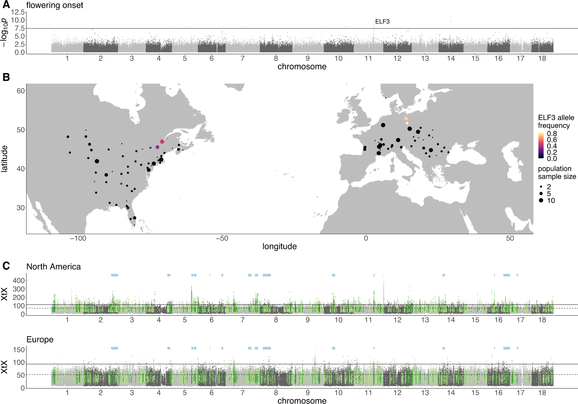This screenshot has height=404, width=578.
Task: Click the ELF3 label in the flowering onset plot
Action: (x=382, y=21)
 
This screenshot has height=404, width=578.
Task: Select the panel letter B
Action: (x=6, y=77)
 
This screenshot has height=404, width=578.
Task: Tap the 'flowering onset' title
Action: (x=55, y=5)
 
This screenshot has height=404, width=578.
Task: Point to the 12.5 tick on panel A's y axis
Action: (x=18, y=12)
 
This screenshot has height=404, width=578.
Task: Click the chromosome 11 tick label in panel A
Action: (x=368, y=59)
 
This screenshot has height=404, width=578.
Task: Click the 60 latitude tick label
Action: (x=21, y=91)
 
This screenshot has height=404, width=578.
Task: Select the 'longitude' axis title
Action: (x=279, y=247)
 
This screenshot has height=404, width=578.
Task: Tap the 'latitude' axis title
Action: (x=4, y=159)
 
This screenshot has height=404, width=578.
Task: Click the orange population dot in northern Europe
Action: (x=406, y=118)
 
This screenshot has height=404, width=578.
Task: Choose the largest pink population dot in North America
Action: (x=162, y=142)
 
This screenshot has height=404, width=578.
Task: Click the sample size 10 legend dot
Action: (x=541, y=200)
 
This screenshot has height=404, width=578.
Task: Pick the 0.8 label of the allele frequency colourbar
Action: (x=552, y=134)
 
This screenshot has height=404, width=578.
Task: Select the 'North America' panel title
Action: (x=54, y=267)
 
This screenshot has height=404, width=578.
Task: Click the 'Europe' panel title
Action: (x=40, y=340)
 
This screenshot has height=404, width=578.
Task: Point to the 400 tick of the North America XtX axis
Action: (x=19, y=281)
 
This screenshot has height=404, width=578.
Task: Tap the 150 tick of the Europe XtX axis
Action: (x=19, y=350)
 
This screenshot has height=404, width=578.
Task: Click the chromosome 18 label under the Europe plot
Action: (x=542, y=393)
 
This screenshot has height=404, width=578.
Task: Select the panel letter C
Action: (x=6, y=266)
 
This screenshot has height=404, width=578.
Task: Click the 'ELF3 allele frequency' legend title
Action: (x=556, y=122)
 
